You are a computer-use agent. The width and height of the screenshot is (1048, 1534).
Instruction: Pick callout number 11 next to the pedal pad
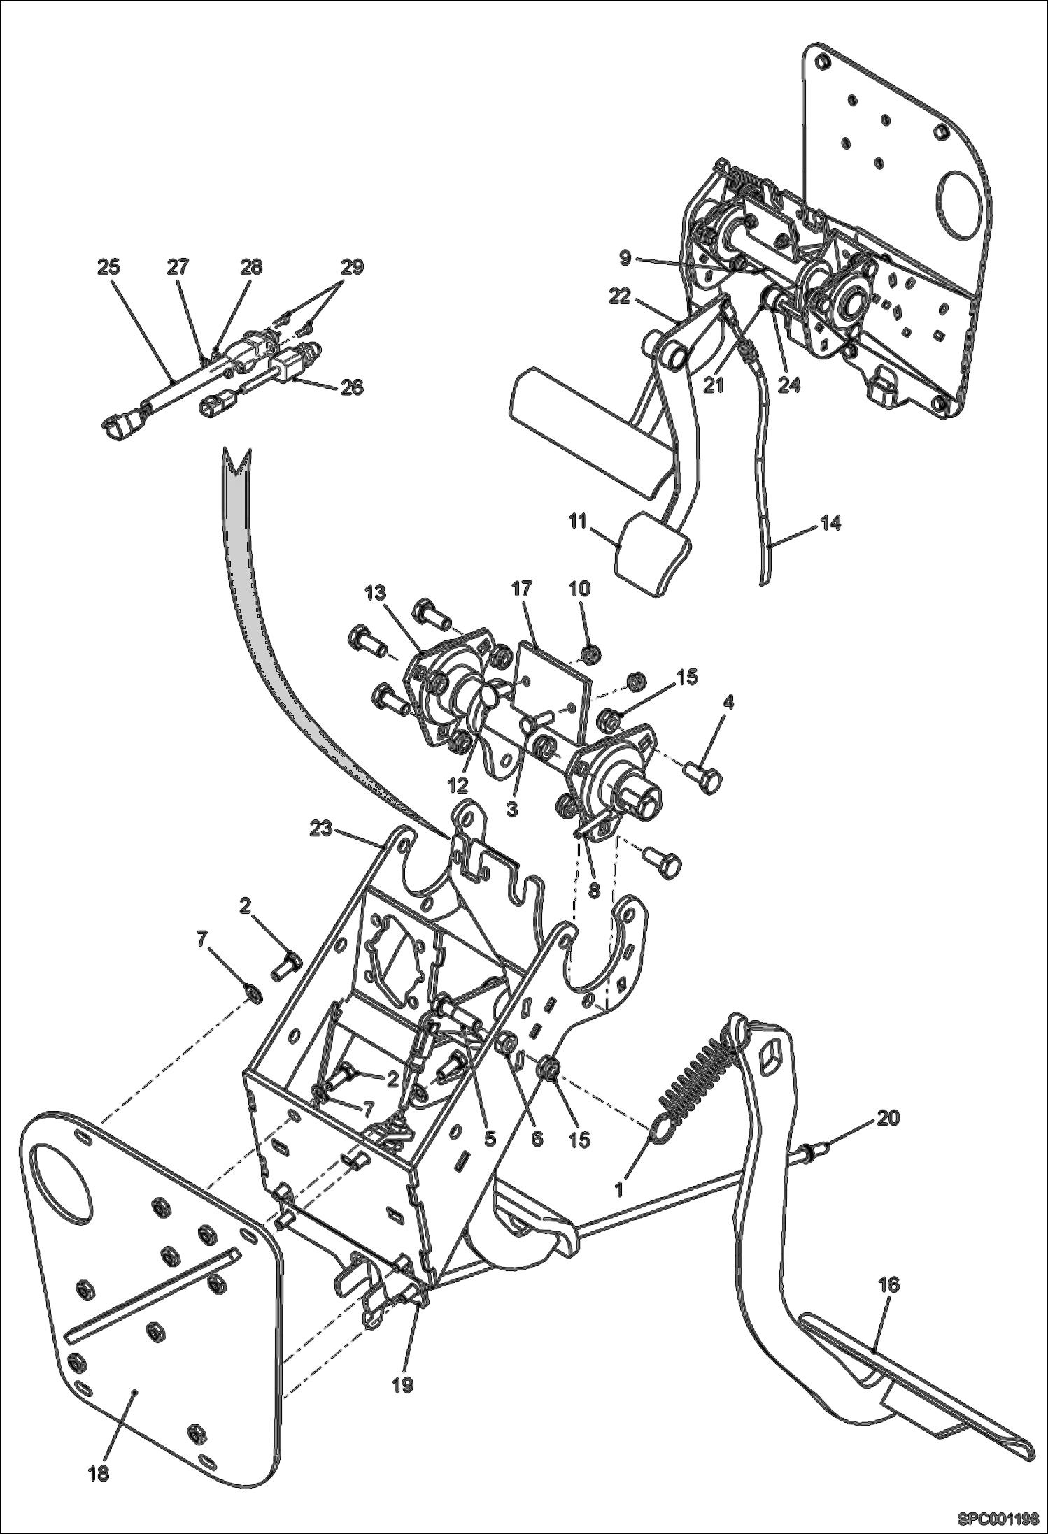click(577, 522)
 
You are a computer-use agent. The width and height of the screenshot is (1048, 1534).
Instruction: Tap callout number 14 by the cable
click(830, 523)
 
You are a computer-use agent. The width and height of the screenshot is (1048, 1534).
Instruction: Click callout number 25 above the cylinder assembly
click(108, 267)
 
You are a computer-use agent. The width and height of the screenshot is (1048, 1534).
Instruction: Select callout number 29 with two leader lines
click(352, 267)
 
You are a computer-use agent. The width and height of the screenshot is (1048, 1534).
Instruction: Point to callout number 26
click(352, 386)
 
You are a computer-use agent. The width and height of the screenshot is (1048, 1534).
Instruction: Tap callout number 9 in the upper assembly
click(625, 259)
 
